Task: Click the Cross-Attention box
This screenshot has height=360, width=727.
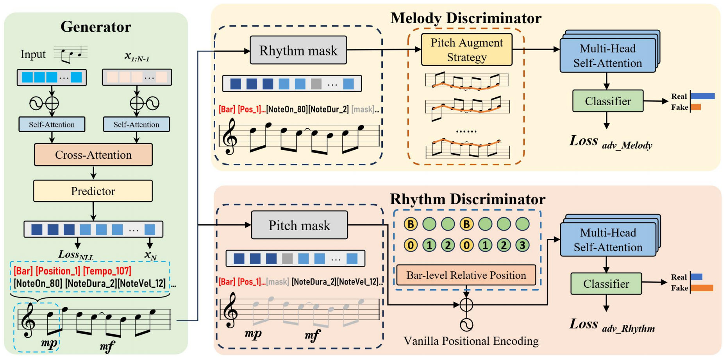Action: click(93, 155)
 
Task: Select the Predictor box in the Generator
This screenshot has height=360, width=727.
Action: click(93, 191)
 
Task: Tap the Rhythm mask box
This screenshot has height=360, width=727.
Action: click(298, 50)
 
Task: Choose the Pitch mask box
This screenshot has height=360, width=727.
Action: click(299, 225)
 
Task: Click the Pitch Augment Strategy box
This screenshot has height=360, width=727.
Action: click(466, 50)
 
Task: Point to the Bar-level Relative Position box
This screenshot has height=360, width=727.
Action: click(466, 275)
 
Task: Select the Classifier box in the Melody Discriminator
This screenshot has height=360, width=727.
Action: click(607, 101)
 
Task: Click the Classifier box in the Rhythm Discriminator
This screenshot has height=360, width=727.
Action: click(606, 284)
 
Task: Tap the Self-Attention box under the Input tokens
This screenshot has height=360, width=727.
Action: click(52, 124)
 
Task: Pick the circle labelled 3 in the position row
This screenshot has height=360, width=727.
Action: click(522, 245)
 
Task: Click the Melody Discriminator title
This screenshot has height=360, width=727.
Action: click(466, 18)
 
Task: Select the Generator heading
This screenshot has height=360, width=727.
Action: click(96, 27)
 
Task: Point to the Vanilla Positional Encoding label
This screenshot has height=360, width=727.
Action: click(471, 341)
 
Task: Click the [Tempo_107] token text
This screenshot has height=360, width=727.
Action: click(107, 271)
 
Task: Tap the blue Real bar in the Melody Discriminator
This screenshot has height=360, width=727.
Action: click(702, 96)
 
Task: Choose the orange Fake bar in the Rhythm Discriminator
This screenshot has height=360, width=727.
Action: click(702, 288)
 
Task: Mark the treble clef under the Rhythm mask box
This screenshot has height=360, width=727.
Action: click(230, 136)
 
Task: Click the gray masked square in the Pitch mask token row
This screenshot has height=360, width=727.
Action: click(287, 259)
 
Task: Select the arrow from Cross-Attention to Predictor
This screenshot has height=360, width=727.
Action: click(93, 172)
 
